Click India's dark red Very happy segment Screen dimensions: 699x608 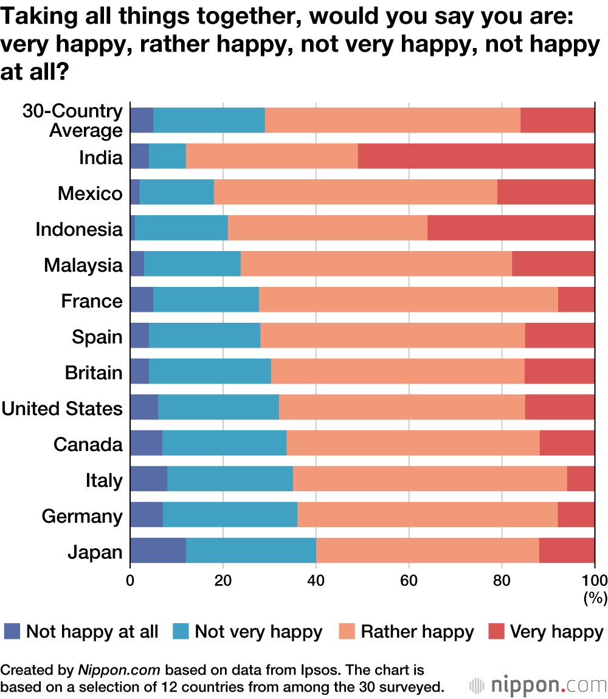pos(476,156)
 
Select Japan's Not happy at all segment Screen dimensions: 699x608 pos(157,550)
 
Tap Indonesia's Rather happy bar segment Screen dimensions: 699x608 pos(328,228)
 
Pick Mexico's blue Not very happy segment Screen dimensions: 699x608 pos(177,192)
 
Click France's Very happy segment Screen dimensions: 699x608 pos(576,300)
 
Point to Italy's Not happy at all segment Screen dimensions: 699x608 pos(148,478)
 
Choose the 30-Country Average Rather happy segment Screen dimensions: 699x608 pos(392,120)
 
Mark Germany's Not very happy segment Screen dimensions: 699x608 pos(230,514)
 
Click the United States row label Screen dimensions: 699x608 pos(62,408)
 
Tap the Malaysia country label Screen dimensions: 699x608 pos(83,265)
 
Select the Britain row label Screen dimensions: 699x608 pos(94,372)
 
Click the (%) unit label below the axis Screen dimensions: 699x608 pos(595,598)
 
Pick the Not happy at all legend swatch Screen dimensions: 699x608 pos(12,632)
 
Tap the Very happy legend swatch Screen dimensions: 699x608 pos(497,632)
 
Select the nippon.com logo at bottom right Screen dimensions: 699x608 pos(538,686)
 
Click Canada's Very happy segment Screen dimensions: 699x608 pos(567,442)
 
